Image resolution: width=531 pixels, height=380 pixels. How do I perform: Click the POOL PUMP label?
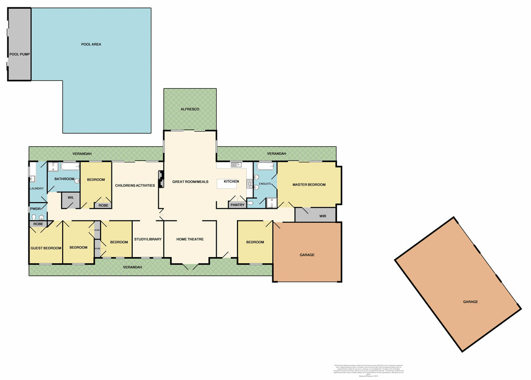19,54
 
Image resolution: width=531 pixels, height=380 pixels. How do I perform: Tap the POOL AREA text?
91,45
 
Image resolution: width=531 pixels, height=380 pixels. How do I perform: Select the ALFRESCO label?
190,109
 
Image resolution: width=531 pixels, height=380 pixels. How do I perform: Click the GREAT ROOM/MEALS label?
190,181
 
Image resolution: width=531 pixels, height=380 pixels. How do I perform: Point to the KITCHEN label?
231,181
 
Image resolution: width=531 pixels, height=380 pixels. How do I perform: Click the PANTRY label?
237,205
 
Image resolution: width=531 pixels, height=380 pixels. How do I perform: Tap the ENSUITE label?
265,184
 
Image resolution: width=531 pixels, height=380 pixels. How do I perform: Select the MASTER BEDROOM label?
309,185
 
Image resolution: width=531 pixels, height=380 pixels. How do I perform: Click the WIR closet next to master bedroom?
322,216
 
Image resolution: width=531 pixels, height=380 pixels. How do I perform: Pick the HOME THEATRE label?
190,239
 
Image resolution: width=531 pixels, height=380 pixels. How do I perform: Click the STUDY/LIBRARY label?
148,239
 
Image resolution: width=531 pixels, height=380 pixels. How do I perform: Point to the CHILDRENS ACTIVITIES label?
135,185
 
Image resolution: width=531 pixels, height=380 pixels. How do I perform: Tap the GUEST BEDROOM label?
46,248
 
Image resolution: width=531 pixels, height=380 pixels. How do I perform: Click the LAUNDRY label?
37,189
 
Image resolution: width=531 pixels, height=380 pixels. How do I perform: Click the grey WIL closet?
71,198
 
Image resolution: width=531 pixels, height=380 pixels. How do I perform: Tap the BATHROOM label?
65,179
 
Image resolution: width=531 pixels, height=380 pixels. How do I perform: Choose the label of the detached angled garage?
470,302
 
